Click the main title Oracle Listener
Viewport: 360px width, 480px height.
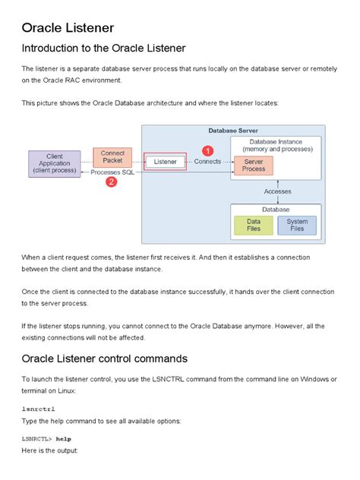pyautogui.click(x=68, y=28)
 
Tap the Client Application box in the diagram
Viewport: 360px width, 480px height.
pyautogui.click(x=54, y=164)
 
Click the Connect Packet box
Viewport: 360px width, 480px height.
pyautogui.click(x=112, y=157)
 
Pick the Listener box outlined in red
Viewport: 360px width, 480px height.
pyautogui.click(x=165, y=162)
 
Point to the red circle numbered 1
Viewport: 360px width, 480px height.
pyautogui.click(x=207, y=151)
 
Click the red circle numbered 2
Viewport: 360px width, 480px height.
pyautogui.click(x=111, y=182)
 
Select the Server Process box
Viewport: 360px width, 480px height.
pyautogui.click(x=254, y=165)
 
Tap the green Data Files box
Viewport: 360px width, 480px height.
pyautogui.click(x=254, y=225)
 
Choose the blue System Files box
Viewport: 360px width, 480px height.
pyautogui.click(x=297, y=225)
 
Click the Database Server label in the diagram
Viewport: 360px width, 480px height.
pyautogui.click(x=232, y=131)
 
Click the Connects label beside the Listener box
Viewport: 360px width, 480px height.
pyautogui.click(x=207, y=162)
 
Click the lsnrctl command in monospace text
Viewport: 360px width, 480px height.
pyautogui.click(x=38, y=409)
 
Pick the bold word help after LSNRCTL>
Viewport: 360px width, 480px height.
pyautogui.click(x=63, y=439)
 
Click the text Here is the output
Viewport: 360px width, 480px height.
pyautogui.click(x=49, y=450)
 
